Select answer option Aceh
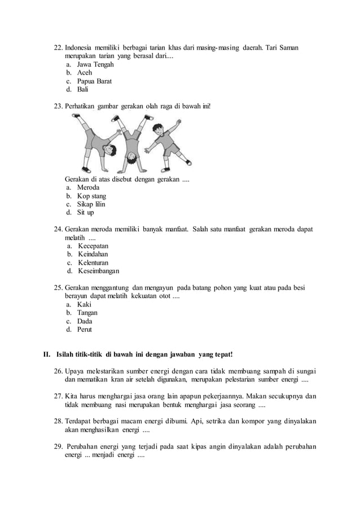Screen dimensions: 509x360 [x=85, y=72]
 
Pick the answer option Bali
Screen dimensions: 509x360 [x=83, y=89]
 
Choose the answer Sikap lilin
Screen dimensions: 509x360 [x=91, y=204]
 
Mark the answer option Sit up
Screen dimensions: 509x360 [x=86, y=213]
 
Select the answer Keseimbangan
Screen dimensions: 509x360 [x=99, y=271]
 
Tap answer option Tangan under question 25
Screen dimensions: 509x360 [x=87, y=313]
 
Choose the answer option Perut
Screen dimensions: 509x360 [x=84, y=330]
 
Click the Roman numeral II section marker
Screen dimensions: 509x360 [x=47, y=354]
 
